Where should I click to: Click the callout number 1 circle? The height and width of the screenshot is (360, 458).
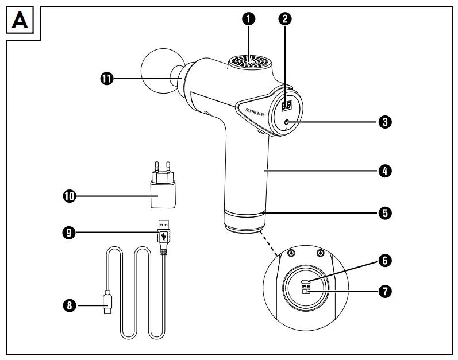click(248, 18)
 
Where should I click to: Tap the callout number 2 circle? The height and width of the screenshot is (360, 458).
click(284, 18)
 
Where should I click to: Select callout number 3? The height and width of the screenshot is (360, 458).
click(384, 122)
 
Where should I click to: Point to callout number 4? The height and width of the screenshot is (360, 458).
click(384, 171)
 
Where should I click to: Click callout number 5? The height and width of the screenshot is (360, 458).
click(384, 212)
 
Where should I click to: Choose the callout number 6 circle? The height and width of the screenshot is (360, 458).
click(384, 260)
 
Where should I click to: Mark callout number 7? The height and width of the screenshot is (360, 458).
click(384, 291)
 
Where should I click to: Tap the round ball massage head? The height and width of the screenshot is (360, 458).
click(156, 71)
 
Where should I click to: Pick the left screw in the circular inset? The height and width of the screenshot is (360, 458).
click(291, 253)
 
